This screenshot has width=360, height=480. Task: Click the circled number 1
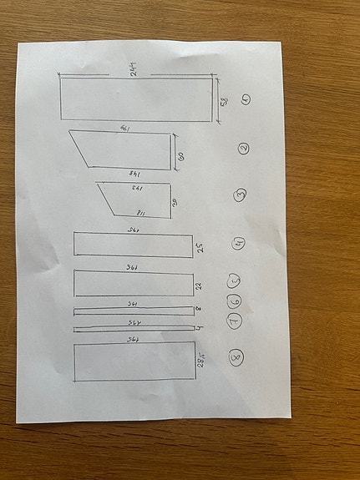click(x=246, y=99)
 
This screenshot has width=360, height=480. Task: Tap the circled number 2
click(x=243, y=149)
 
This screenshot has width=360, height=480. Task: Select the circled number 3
click(x=241, y=195)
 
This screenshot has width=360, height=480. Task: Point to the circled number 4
click(x=239, y=244)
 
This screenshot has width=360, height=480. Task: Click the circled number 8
click(x=236, y=359)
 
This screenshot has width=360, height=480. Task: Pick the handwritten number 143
click(x=132, y=189)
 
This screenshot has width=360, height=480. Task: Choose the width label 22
click(x=200, y=284)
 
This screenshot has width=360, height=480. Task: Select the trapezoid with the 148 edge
click(x=125, y=150)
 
